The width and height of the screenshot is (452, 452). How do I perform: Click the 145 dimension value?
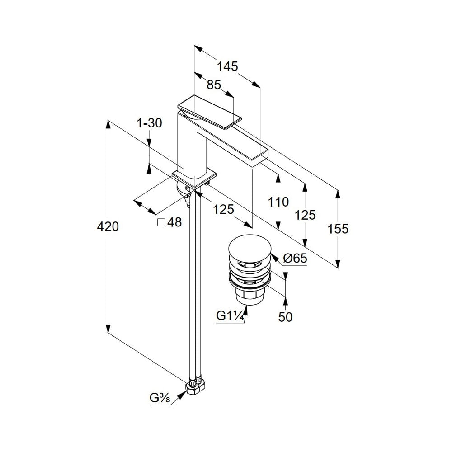[227, 67]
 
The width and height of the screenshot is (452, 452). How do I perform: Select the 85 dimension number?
[214, 85]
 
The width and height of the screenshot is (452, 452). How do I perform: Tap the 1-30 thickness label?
[149, 122]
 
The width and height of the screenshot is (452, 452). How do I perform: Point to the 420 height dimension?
[108, 226]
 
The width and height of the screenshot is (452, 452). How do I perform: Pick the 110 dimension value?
[278, 202]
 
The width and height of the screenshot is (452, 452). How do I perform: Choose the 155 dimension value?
[338, 229]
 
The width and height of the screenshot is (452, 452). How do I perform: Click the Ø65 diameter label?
[295, 259]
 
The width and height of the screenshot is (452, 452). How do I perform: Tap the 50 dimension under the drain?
[285, 317]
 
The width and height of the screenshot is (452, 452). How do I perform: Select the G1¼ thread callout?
[231, 316]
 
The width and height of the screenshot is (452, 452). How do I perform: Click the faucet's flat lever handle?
[210, 111]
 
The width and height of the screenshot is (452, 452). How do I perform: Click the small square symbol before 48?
[161, 222]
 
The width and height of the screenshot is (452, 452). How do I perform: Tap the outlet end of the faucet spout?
[258, 158]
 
